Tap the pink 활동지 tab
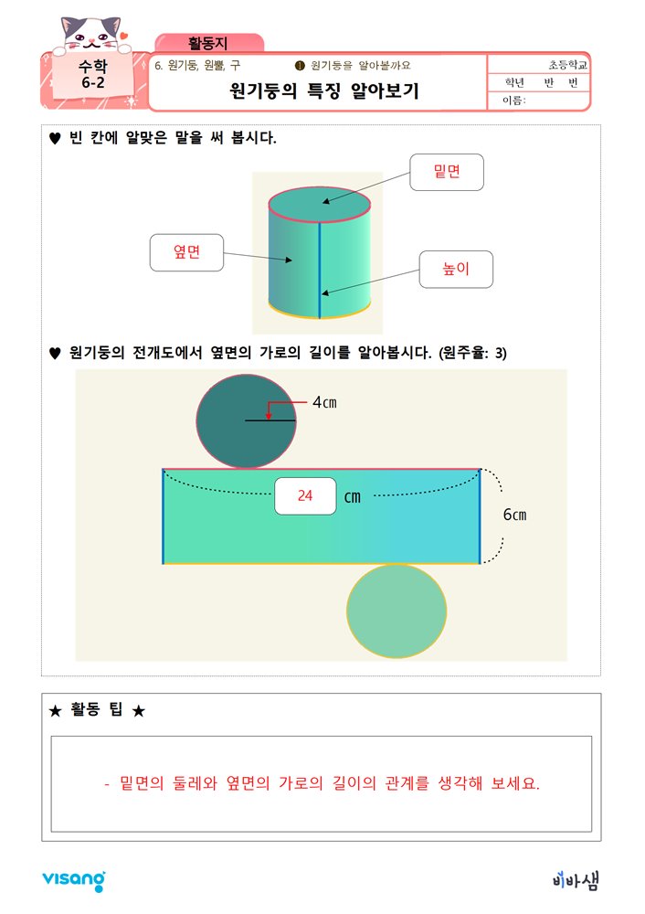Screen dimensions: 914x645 pyautogui.click(x=209, y=42)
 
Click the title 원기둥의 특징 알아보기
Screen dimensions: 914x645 pyautogui.click(x=323, y=91)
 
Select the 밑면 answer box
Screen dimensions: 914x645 pyautogui.click(x=446, y=172)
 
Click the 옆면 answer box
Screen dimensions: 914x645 pyautogui.click(x=186, y=252)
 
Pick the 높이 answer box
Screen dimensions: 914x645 pyautogui.click(x=455, y=269)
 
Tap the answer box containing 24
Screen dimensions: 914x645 pyautogui.click(x=305, y=495)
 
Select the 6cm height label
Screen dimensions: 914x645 pyautogui.click(x=514, y=515)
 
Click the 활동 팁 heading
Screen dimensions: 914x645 pyautogui.click(x=97, y=711)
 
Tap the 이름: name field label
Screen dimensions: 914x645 pyautogui.click(x=514, y=101)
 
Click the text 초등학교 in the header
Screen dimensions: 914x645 pyautogui.click(x=568, y=66)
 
